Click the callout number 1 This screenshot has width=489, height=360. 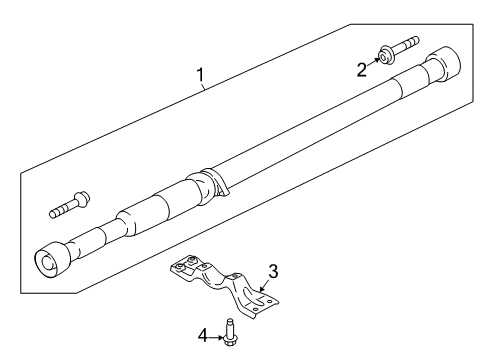(200, 74)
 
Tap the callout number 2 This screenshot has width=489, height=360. (362, 68)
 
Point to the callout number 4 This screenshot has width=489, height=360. (203, 336)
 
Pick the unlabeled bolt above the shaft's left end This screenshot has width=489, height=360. (69, 206)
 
